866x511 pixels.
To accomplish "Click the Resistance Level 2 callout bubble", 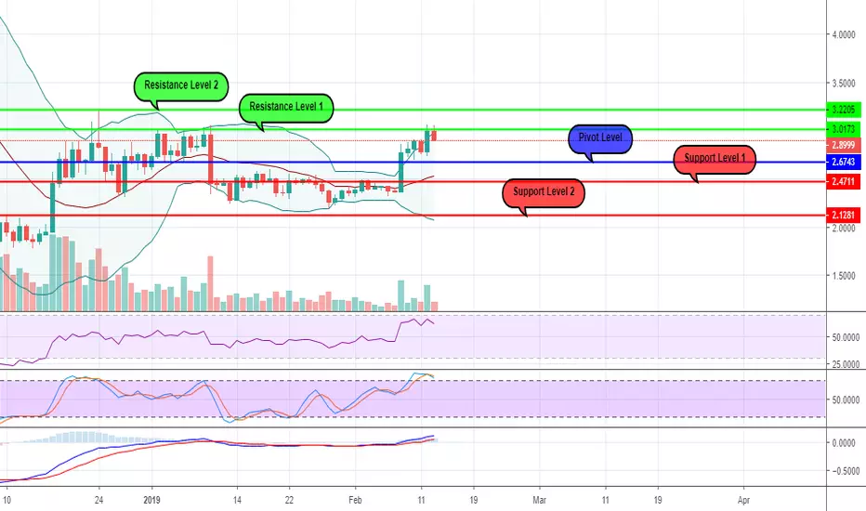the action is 181,86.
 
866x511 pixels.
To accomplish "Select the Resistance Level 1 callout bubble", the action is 286,107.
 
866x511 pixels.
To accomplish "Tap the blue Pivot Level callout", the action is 600,138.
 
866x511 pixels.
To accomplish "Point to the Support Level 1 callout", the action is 715,159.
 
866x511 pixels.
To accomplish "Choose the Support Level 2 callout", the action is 544,193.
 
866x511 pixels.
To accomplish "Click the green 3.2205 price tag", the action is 844,110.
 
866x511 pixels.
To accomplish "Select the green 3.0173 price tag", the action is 844,129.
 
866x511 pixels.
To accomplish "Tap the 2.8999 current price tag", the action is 844,145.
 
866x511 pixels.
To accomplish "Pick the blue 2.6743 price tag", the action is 844,162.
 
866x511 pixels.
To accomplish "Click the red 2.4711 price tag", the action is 844,181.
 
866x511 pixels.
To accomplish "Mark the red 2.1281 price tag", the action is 844,215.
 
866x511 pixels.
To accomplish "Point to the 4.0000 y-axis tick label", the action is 844,34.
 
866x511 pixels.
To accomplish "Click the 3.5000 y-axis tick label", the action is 844,84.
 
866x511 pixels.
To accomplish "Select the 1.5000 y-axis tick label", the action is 844,276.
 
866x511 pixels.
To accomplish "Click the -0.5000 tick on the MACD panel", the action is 845,471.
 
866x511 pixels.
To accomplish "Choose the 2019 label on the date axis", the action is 151,500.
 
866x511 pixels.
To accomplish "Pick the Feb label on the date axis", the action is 355,500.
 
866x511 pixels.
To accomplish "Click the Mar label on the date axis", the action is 539,500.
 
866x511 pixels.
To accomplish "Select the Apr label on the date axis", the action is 743,500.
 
